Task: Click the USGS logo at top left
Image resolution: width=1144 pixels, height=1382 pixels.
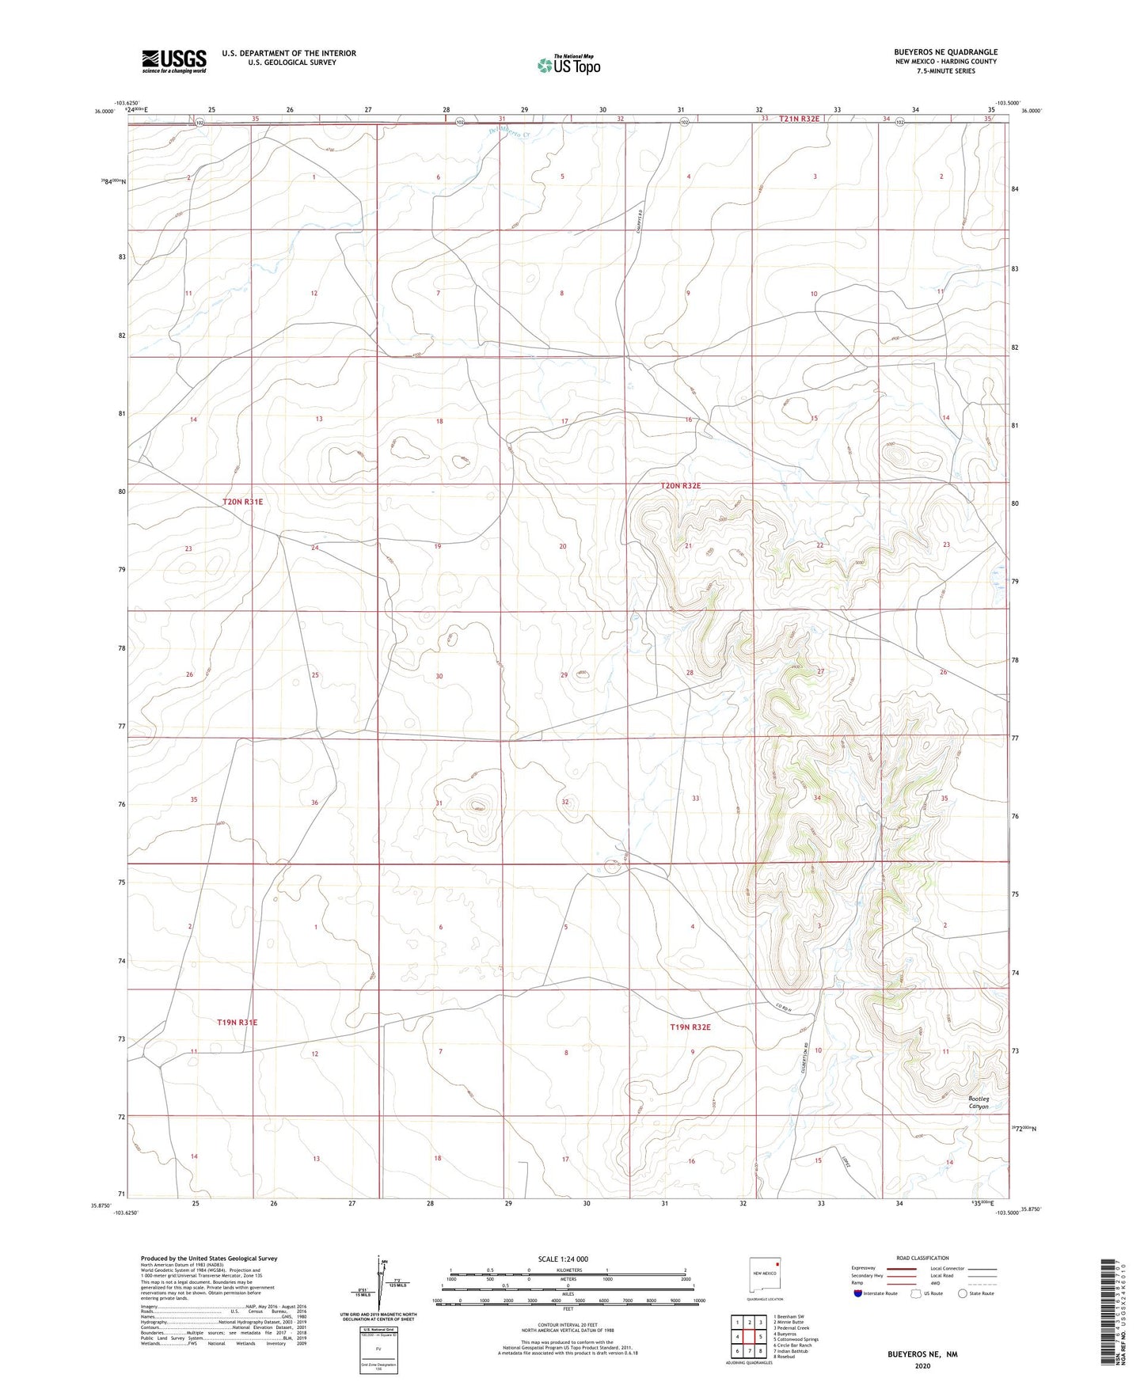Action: coord(173,61)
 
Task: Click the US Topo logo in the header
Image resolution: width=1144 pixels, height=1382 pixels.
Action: coord(568,65)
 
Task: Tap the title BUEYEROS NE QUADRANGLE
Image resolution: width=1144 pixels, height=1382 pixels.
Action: coord(945,52)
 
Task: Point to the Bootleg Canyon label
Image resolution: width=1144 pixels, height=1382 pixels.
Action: coord(979,1103)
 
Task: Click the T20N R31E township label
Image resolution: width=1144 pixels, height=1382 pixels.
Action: coord(242,502)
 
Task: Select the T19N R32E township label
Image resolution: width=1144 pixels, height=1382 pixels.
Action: coord(690,1027)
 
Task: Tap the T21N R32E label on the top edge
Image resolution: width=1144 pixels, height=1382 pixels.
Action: coord(799,119)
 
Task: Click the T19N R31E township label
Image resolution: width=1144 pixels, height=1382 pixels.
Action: coord(238,1023)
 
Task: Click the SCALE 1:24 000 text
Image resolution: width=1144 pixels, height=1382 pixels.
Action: coord(562,1259)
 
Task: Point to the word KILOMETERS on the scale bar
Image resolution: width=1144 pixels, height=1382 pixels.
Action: coord(568,1270)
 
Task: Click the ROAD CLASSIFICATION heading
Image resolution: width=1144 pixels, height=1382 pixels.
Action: coord(922,1258)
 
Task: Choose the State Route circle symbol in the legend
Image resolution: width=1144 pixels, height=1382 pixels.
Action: coord(963,1293)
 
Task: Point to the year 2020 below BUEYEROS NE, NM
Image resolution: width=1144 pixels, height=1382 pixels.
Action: coord(922,1365)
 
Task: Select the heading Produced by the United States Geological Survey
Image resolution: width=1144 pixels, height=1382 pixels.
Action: coord(209,1258)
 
